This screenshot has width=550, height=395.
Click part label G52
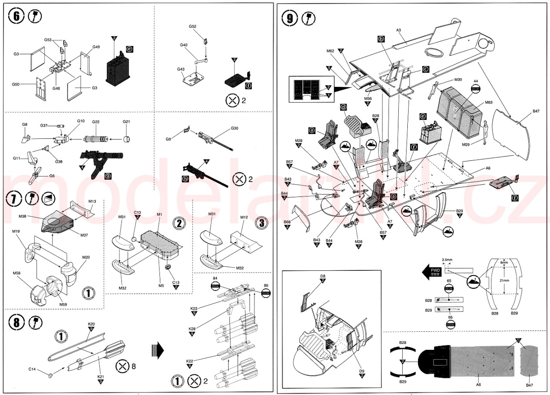click(x=192, y=27)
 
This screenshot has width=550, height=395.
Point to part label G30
click(x=235, y=129)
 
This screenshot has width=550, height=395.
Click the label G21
click(x=126, y=122)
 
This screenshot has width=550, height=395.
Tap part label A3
click(x=398, y=30)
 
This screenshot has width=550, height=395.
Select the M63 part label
click(x=489, y=103)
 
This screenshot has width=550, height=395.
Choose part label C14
click(x=32, y=369)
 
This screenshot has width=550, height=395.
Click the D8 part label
click(x=323, y=276)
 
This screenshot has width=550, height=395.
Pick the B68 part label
click(x=287, y=221)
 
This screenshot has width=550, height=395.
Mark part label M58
click(x=17, y=273)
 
